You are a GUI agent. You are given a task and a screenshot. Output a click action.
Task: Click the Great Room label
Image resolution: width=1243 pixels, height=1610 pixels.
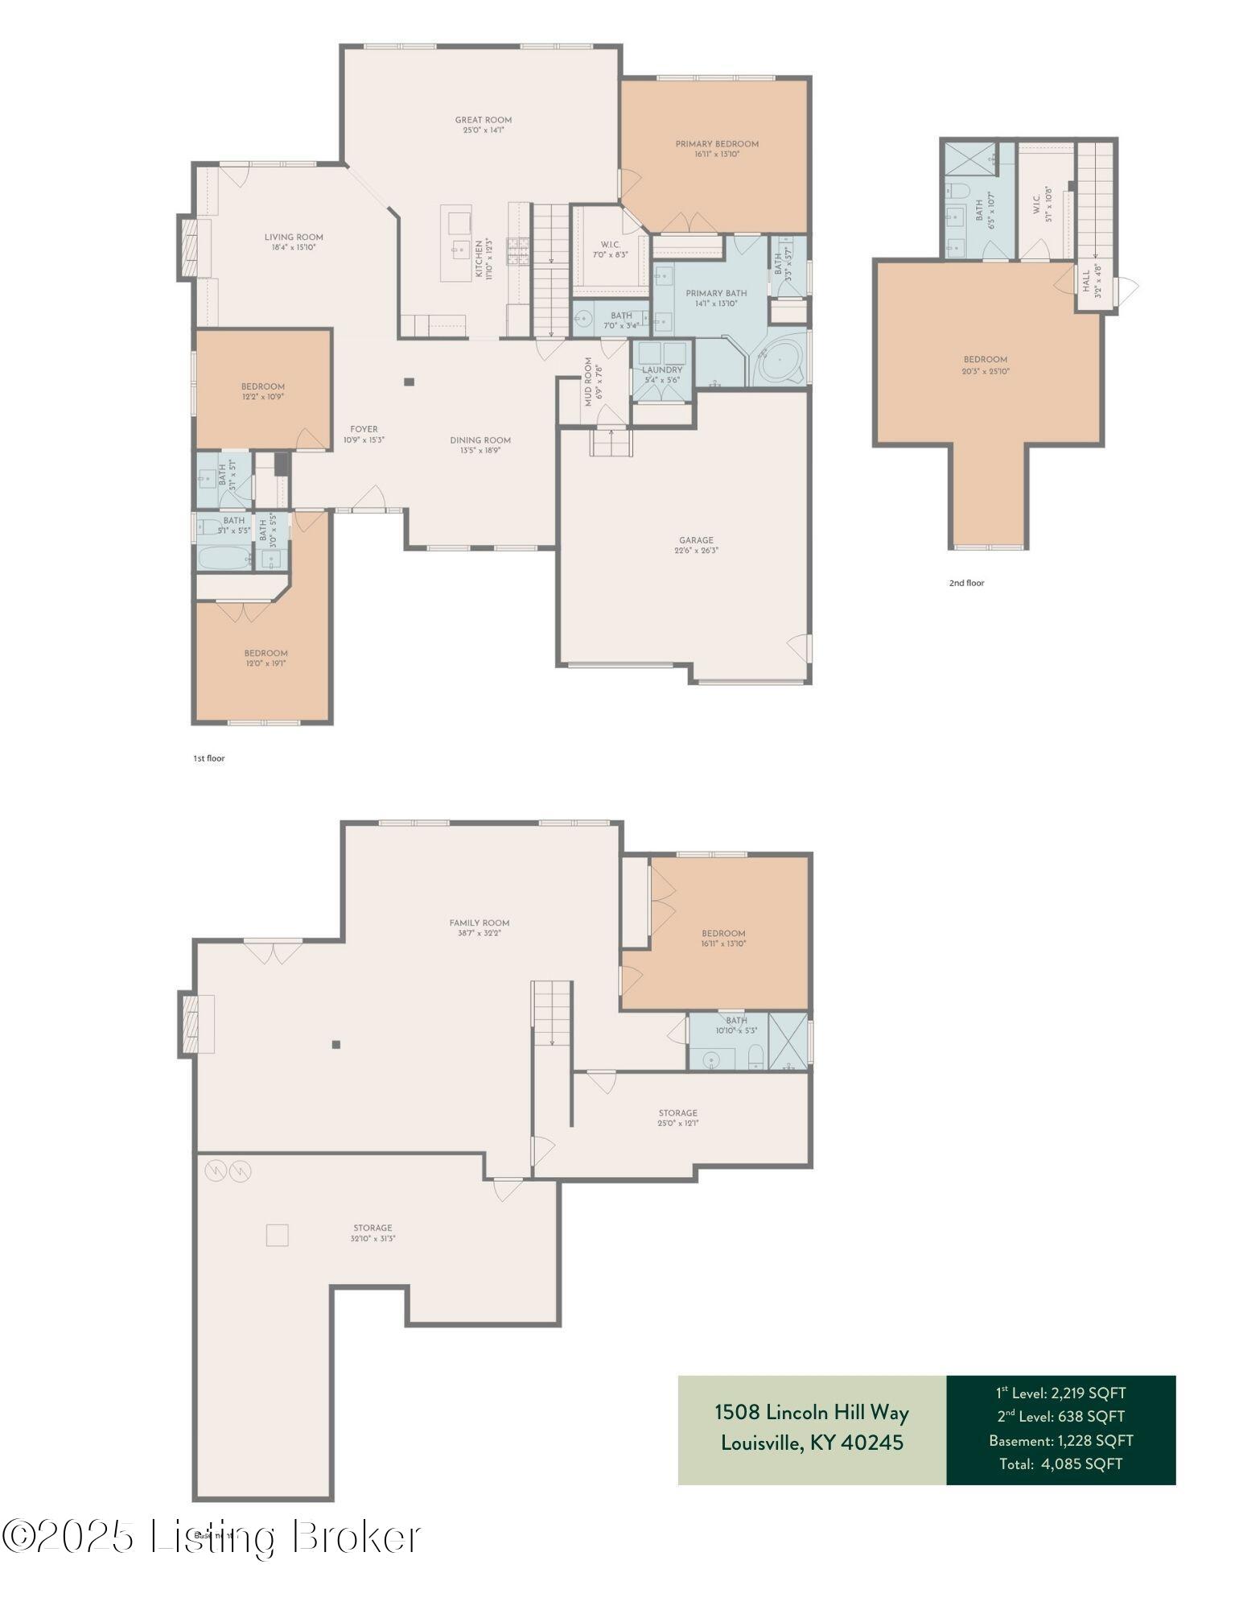483,120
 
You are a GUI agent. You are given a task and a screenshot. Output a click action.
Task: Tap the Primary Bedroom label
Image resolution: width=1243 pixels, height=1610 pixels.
716,144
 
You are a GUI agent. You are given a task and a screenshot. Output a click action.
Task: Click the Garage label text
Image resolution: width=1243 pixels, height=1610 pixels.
695,540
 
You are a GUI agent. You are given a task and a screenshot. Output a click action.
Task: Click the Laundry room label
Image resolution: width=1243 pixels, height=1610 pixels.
662,369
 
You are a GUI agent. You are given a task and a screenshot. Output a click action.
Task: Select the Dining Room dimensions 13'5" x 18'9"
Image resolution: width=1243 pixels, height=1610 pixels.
480,451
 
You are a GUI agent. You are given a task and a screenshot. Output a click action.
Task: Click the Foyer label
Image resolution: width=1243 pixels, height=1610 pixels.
364,429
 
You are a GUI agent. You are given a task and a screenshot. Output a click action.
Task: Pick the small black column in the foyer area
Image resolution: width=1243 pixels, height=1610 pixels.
409,382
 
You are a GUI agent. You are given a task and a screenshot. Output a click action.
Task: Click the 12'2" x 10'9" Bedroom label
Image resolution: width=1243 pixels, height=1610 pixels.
263,386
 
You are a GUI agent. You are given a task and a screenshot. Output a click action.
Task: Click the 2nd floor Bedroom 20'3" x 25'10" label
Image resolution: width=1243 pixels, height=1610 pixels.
985,360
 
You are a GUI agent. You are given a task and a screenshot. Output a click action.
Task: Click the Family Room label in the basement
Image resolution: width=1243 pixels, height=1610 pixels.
480,923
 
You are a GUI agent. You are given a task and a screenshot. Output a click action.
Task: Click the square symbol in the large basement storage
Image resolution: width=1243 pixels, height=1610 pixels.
277,1235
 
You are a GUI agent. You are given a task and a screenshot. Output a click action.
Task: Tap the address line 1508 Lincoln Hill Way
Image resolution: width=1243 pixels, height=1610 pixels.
811,1412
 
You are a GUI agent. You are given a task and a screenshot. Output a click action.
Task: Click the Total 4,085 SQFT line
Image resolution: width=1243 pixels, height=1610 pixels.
1060,1463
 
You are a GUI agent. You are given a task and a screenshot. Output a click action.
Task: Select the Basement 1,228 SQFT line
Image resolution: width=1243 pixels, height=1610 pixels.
1060,1440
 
